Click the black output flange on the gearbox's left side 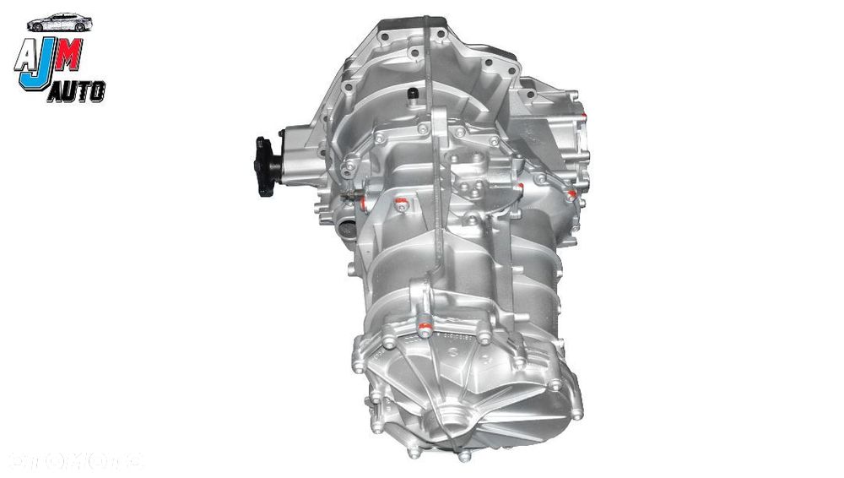(x=266, y=166)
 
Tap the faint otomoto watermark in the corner (x=76, y=460)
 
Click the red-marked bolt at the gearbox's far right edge (x=571, y=196)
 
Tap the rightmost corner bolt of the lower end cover (x=577, y=414)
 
